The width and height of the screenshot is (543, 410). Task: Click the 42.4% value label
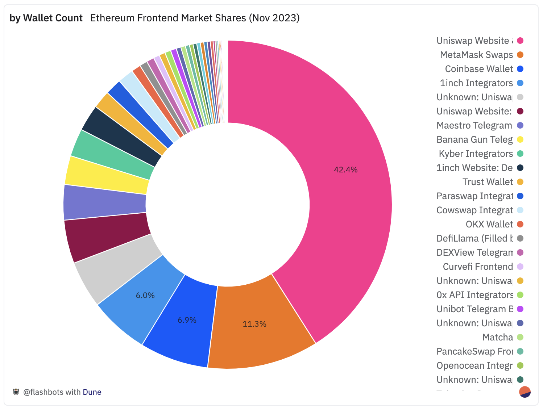(345, 170)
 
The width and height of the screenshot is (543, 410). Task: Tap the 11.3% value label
(254, 324)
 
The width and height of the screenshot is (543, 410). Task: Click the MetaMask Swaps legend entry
(476, 55)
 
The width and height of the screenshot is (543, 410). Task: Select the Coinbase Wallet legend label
(479, 69)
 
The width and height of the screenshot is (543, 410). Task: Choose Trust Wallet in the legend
(488, 182)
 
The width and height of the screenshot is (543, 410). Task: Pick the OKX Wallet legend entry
(489, 224)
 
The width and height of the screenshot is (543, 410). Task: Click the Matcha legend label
(497, 337)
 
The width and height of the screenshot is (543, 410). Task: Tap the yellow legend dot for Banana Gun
(520, 139)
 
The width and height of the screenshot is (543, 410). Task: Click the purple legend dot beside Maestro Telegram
(520, 125)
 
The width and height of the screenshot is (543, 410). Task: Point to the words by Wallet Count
(46, 18)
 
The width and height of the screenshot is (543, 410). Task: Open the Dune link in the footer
(92, 392)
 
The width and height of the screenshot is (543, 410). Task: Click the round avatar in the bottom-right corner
(525, 392)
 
